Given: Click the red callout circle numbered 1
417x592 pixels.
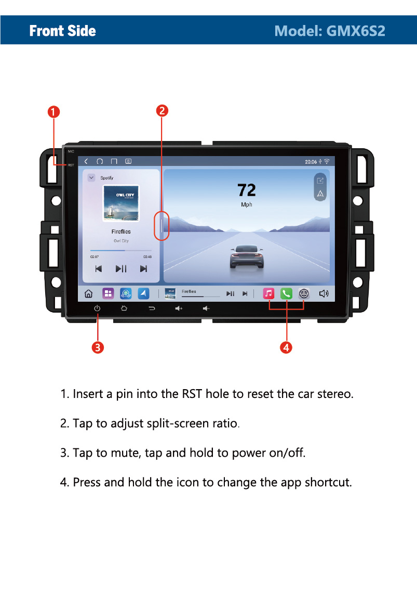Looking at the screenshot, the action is (x=53, y=112).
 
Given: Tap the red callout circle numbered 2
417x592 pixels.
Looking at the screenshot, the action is (x=162, y=111).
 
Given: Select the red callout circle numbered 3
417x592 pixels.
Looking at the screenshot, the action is (x=98, y=348).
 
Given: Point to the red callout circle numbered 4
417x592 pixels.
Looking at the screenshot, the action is (x=286, y=348).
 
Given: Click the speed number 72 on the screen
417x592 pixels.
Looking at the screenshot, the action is (x=247, y=190).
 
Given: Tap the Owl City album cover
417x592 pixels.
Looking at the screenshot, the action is (x=121, y=203).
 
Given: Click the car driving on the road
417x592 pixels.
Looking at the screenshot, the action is (x=247, y=257).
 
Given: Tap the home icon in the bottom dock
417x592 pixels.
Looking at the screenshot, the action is (x=89, y=293).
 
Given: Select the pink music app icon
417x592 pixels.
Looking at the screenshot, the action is (x=268, y=293).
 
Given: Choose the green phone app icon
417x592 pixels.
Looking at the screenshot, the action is (x=286, y=293).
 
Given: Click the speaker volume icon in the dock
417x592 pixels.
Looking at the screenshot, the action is (x=324, y=293).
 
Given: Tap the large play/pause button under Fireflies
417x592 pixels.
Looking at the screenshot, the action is (x=121, y=268).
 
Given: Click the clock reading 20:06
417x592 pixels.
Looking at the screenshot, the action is (x=311, y=162).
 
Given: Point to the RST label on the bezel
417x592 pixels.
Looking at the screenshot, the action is (x=71, y=165).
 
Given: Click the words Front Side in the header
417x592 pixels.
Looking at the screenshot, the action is (x=63, y=31).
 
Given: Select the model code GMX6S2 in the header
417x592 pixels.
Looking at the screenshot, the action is (x=356, y=31).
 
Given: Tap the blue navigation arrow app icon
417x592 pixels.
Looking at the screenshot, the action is (x=143, y=293).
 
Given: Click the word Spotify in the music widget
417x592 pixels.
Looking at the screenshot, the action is (x=106, y=178).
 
